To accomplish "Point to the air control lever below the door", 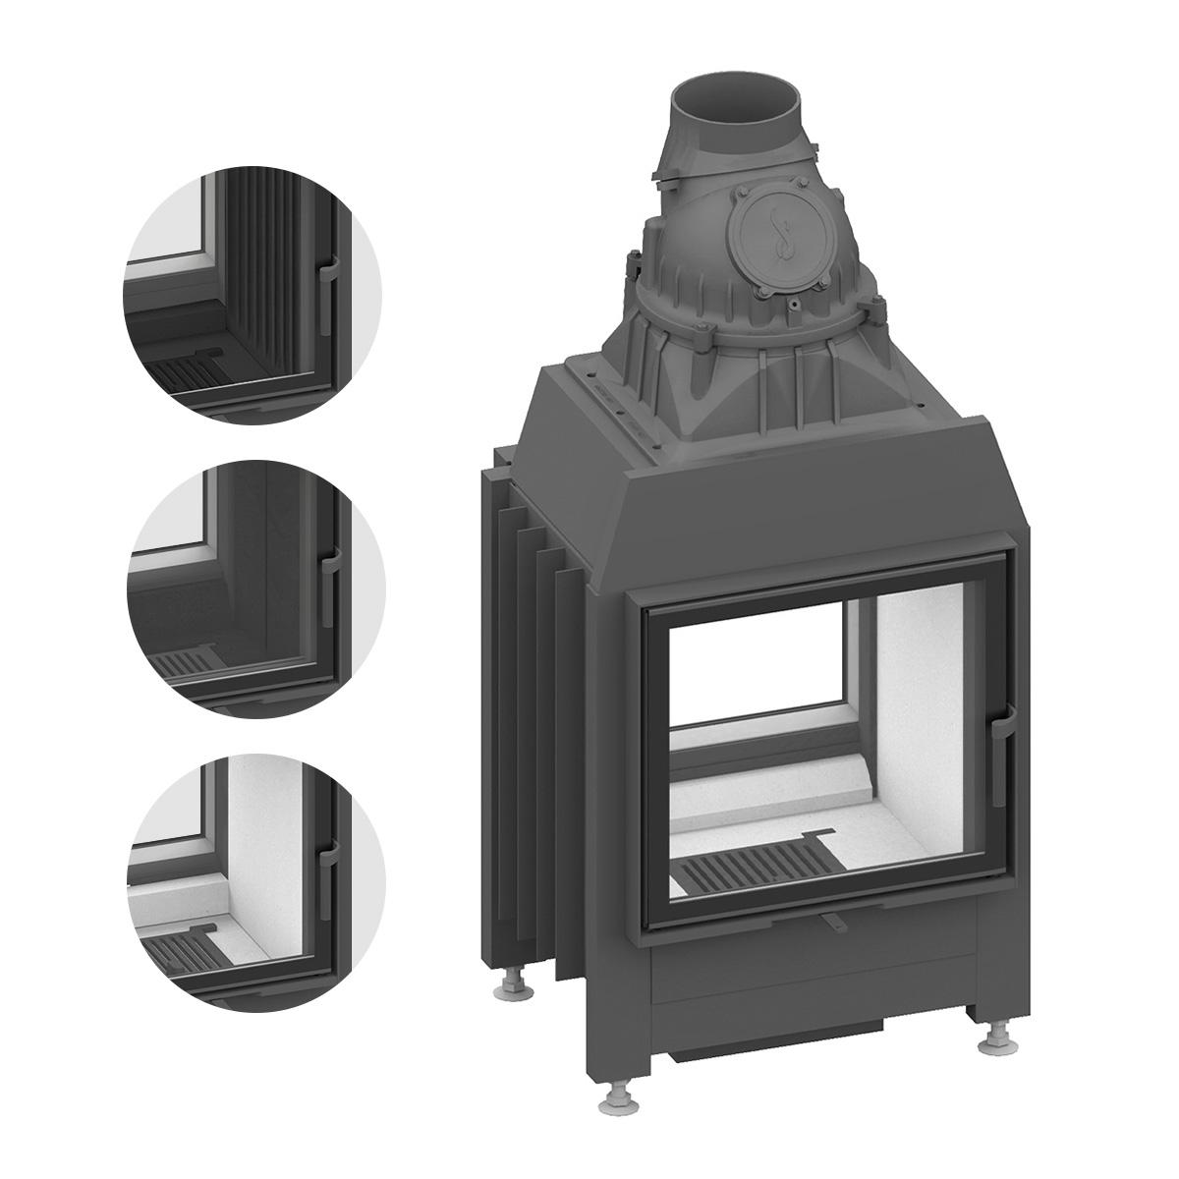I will pos(833,922).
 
